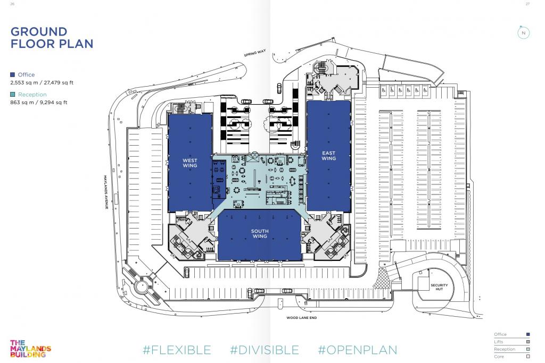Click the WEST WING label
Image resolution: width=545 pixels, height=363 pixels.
pyautogui.click(x=190, y=163)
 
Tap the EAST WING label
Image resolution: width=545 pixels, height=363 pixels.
pyautogui.click(x=328, y=156)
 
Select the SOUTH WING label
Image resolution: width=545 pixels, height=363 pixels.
pyautogui.click(x=260, y=233)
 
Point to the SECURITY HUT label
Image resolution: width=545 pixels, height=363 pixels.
pyautogui.click(x=439, y=287)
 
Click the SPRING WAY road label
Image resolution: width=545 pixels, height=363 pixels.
pyautogui.click(x=255, y=53)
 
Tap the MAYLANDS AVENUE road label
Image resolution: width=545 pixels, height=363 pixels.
pyautogui.click(x=106, y=192)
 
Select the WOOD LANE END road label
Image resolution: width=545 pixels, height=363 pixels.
pyautogui.click(x=301, y=317)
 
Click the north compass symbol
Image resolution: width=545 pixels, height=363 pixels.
pyautogui.click(x=524, y=33)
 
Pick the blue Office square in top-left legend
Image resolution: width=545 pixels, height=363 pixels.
pyautogui.click(x=13, y=74)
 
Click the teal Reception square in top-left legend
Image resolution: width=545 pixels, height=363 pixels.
pyautogui.click(x=13, y=95)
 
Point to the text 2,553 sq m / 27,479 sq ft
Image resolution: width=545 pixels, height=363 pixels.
pyautogui.click(x=42, y=82)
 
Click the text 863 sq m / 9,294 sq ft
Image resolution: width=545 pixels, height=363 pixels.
pyautogui.click(x=38, y=103)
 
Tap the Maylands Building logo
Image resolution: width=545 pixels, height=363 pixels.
pyautogui.click(x=30, y=349)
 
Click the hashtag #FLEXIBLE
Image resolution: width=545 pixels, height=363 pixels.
pyautogui.click(x=177, y=350)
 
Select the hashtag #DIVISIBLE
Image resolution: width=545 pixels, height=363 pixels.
pyautogui.click(x=264, y=350)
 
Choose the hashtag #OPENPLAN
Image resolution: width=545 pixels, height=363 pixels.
pyautogui.click(x=357, y=350)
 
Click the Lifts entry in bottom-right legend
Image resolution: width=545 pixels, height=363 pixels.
pyautogui.click(x=511, y=342)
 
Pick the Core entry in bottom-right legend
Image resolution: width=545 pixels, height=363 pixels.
pyautogui.click(x=511, y=357)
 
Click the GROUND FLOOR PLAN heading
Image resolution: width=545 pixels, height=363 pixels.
pyautogui.click(x=52, y=38)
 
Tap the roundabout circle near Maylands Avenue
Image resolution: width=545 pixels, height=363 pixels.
pyautogui.click(x=142, y=286)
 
